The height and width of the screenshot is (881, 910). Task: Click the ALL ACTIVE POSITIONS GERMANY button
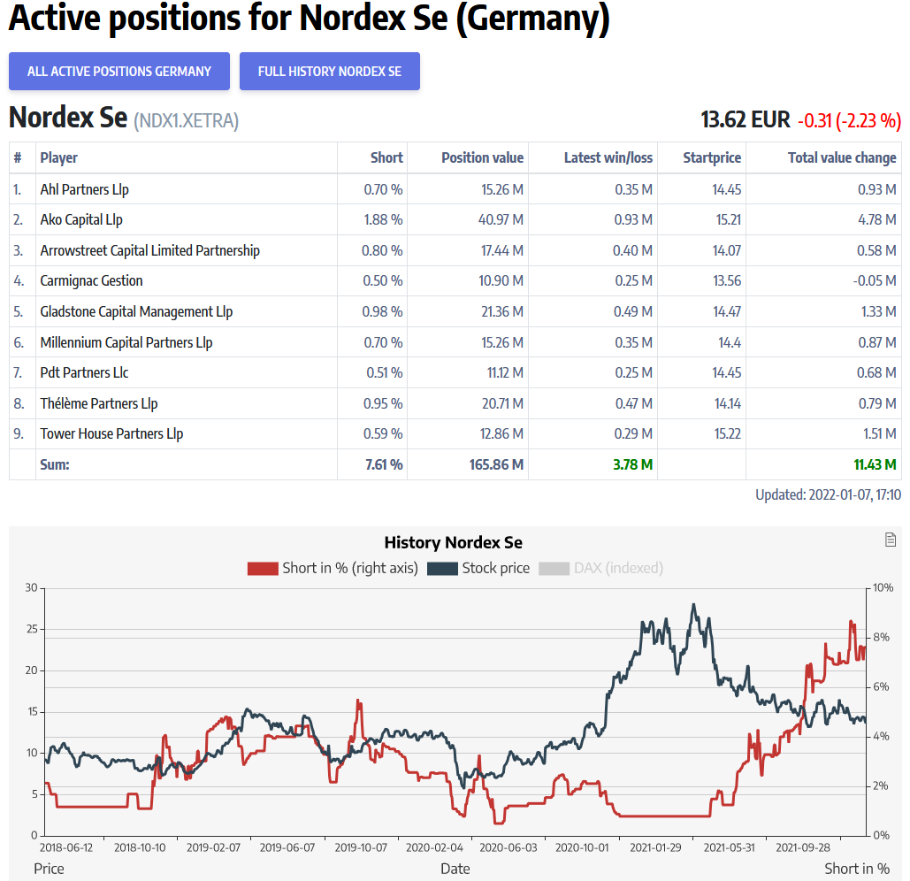point(119,72)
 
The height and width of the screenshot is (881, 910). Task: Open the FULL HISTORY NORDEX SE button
point(329,72)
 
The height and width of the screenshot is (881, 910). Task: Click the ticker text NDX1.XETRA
point(186,120)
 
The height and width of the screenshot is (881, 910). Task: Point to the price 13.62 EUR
point(745,119)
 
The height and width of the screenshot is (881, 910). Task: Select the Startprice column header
point(711,157)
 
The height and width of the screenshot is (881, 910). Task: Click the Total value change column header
point(841,157)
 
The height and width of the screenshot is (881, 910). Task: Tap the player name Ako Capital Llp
point(81,219)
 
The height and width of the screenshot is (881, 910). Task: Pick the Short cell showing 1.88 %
point(383,219)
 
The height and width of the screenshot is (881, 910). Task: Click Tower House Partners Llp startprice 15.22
point(726,433)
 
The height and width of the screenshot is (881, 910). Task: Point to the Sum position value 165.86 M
point(495,464)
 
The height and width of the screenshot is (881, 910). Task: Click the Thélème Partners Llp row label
point(98,403)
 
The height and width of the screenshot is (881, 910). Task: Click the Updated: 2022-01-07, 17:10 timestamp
point(828,495)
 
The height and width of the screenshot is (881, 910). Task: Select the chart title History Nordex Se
point(453,542)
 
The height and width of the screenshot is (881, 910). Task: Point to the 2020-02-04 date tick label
point(434,847)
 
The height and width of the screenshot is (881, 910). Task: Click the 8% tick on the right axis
point(883,637)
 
